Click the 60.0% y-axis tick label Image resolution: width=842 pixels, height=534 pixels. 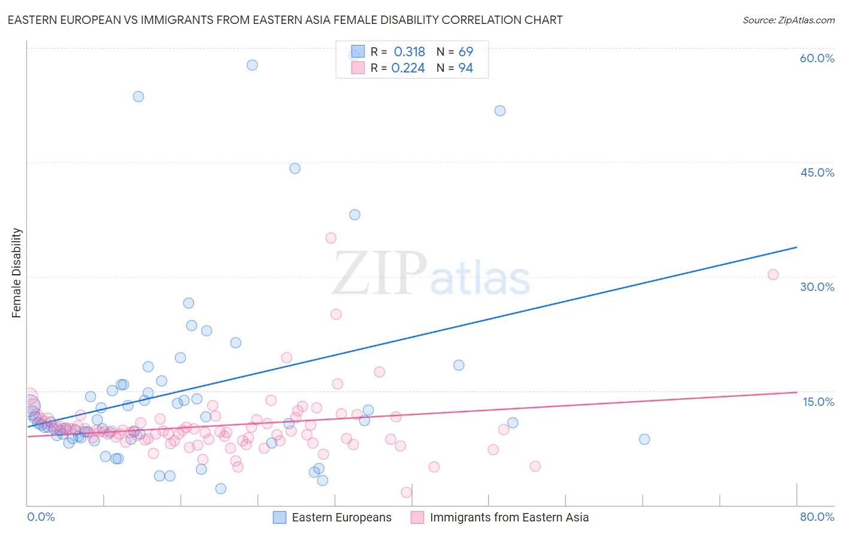[x=817, y=58]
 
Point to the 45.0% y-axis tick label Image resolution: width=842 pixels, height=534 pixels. [x=817, y=172]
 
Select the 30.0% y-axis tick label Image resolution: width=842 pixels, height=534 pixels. [x=817, y=287]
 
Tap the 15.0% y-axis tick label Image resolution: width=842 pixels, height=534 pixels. [x=818, y=402]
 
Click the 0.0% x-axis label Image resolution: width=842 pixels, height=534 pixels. [x=41, y=517]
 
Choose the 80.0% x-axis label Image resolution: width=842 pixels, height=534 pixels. [x=817, y=517]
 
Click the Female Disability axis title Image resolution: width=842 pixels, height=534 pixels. [x=17, y=273]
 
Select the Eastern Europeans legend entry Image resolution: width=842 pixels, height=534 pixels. [x=332, y=517]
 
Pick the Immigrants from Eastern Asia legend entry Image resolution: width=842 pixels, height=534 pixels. [x=500, y=517]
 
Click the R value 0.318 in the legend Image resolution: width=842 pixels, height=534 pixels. [x=409, y=52]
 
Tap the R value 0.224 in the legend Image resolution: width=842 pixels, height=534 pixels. [x=408, y=68]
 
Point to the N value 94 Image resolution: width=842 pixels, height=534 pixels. [x=465, y=68]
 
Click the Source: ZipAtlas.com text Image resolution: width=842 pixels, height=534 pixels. [x=788, y=20]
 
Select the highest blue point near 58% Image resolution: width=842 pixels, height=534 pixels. [x=252, y=65]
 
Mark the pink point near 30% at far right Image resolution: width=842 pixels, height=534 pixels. [x=773, y=275]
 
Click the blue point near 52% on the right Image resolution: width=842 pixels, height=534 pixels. [x=500, y=111]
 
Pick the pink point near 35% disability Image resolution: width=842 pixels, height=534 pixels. [x=331, y=238]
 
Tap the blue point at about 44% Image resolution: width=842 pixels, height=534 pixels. [x=295, y=168]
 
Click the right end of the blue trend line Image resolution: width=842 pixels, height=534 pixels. [x=796, y=247]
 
